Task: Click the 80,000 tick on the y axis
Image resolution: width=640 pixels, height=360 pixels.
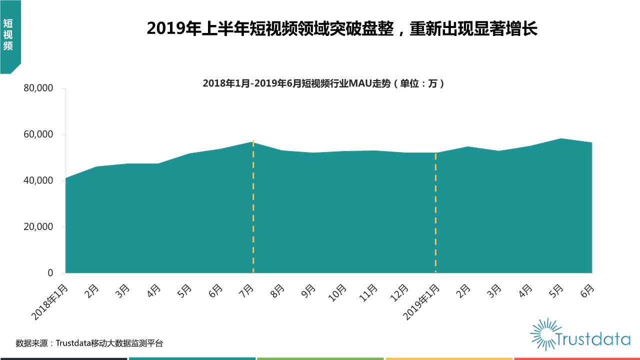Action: pos(38,88)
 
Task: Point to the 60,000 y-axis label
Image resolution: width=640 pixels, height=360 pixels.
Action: pos(38,134)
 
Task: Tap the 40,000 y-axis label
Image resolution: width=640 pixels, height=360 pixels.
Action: pos(38,180)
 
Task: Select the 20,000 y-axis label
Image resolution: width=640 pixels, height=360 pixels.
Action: pos(38,227)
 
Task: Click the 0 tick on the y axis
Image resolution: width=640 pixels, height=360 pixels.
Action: pos(50,273)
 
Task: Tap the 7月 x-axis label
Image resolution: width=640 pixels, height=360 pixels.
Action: pos(247,291)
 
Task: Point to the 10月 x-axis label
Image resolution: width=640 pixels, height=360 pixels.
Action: pos(337,293)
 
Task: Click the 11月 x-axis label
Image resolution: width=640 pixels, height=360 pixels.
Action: pos(369,293)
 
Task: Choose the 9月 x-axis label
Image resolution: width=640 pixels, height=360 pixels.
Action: pos(309,291)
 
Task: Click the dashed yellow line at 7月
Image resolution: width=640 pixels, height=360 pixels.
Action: pos(253,210)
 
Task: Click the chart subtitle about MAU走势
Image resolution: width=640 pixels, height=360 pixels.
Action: pos(323,83)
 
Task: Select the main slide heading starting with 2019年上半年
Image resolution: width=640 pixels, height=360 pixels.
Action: pos(342,29)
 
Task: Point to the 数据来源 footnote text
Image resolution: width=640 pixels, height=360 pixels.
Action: pos(89,343)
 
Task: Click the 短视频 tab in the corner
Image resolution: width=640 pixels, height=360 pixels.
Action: pos(7,35)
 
